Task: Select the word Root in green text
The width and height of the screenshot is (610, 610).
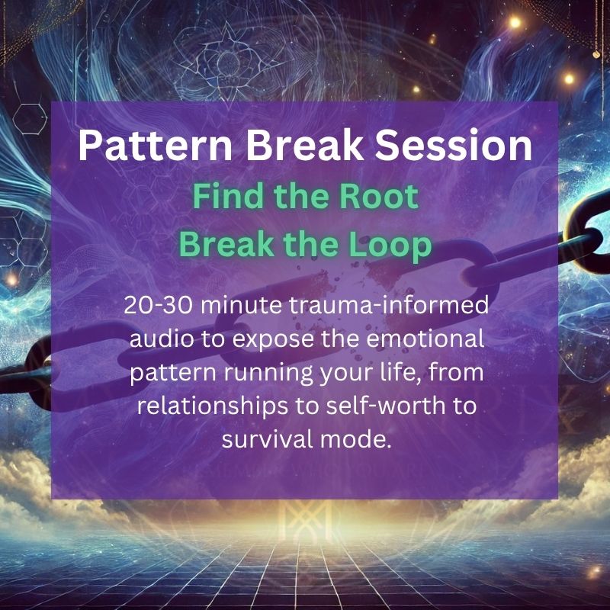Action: coord(378,197)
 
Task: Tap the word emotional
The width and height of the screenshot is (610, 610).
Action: coord(425,339)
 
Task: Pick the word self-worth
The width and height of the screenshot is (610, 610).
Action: coord(385,406)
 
